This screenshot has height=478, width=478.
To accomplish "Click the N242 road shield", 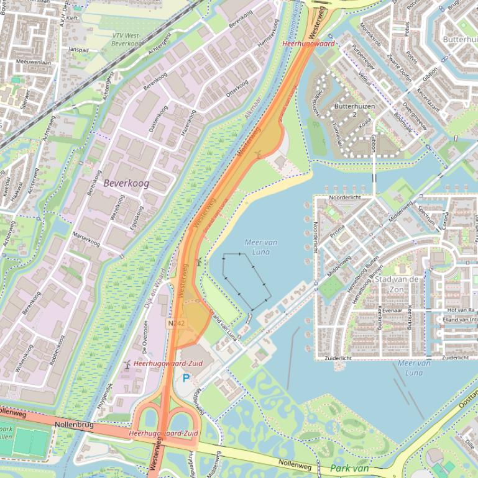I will (x=176, y=324).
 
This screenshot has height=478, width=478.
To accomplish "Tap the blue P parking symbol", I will (x=186, y=377).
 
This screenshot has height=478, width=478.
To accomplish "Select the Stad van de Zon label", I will (x=397, y=284).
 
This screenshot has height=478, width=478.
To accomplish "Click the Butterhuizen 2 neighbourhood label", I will (x=354, y=110).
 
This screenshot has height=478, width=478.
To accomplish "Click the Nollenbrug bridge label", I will (x=74, y=424).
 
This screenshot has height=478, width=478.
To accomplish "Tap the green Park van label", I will (x=350, y=468).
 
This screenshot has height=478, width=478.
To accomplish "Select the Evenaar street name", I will (x=392, y=310).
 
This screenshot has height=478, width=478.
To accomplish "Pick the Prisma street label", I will (x=338, y=233).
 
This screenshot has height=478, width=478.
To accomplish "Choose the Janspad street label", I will (x=79, y=49).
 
